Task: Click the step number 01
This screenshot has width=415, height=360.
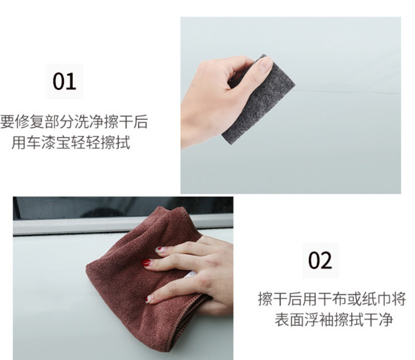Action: click(x=64, y=81)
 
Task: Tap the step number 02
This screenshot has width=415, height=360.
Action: click(x=320, y=260)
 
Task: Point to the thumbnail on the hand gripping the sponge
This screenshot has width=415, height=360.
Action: click(x=266, y=64)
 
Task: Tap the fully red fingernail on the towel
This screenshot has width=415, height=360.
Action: click(x=146, y=263)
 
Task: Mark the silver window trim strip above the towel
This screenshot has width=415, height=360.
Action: click(x=123, y=226)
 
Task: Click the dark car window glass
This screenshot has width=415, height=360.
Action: click(x=123, y=207)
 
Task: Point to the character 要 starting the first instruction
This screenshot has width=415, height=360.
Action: click(x=7, y=122)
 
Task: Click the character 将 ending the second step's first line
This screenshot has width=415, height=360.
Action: click(x=399, y=299)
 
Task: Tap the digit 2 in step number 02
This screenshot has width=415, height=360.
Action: click(x=326, y=261)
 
